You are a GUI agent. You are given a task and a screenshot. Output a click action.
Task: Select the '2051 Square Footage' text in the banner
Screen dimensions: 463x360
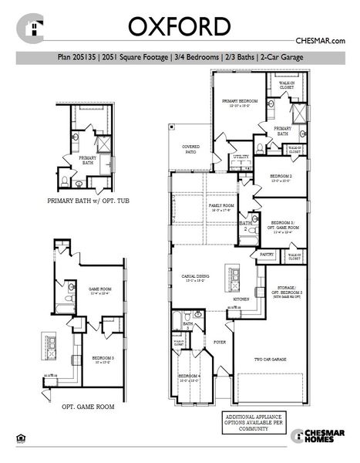tap(142, 56)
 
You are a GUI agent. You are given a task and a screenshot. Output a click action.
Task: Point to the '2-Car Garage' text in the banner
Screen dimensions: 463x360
tap(282, 56)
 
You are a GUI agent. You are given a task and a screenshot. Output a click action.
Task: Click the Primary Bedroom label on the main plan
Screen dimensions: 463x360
tap(240, 102)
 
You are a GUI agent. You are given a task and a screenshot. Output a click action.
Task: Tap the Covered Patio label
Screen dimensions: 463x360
tap(191, 149)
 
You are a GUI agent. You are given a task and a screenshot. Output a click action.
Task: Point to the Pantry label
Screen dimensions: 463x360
tap(267, 253)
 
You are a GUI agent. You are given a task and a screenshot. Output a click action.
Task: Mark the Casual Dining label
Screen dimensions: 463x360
tap(195, 277)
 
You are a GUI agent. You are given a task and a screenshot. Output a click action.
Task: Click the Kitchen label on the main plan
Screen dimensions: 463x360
tap(240, 298)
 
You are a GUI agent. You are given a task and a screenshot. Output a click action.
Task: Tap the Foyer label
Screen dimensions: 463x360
tap(220, 340)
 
